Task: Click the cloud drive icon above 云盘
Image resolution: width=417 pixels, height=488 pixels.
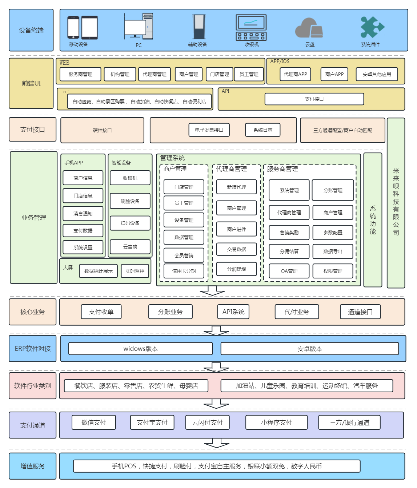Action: click(309, 28)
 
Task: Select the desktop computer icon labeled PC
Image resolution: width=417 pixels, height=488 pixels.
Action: click(139, 26)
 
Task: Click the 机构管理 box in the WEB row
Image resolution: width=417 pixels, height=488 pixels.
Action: click(120, 74)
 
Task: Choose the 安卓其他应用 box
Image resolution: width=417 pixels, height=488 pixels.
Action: click(377, 74)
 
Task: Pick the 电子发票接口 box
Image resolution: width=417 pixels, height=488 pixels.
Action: click(209, 130)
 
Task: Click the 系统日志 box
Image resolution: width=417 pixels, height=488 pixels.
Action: click(263, 130)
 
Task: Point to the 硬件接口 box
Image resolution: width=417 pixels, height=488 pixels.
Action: click(102, 130)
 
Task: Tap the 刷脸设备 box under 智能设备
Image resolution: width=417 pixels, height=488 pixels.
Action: click(130, 201)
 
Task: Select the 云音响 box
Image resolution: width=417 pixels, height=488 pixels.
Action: click(130, 247)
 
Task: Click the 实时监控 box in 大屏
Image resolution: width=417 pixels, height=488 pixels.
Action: click(135, 271)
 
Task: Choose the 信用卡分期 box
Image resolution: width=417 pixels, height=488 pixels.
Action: click(184, 271)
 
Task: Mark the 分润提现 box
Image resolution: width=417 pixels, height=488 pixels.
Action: click(237, 269)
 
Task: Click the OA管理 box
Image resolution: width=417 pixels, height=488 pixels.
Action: click(289, 271)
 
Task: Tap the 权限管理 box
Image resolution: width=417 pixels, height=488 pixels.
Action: click(333, 271)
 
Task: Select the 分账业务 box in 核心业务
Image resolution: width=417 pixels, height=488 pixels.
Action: click(170, 312)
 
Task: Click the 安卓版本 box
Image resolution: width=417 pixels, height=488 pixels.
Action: click(310, 349)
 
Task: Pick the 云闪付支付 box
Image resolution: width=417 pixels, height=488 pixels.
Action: click(207, 422)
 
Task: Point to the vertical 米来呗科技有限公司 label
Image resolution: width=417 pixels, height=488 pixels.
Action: click(396, 202)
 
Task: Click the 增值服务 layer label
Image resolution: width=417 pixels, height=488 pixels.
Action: click(33, 466)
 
